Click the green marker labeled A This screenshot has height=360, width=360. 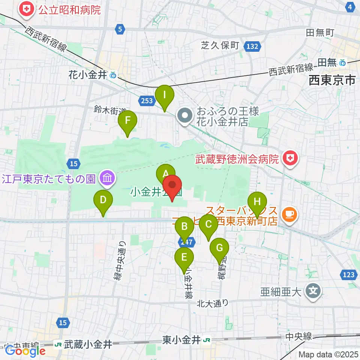[x=165, y=174]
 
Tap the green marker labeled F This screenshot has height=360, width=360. [x=127, y=121]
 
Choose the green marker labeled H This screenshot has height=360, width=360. [x=257, y=202]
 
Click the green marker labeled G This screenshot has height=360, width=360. [x=219, y=248]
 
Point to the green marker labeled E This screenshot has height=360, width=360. [x=184, y=258]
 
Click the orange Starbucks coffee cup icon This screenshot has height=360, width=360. [x=289, y=214]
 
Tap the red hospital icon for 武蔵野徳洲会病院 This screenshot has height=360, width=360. [x=289, y=159]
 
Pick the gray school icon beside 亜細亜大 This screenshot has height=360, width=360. [x=312, y=291]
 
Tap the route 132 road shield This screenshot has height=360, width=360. [x=252, y=46]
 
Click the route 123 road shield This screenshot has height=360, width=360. [x=348, y=275]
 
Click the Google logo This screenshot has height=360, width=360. [x=25, y=351]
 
